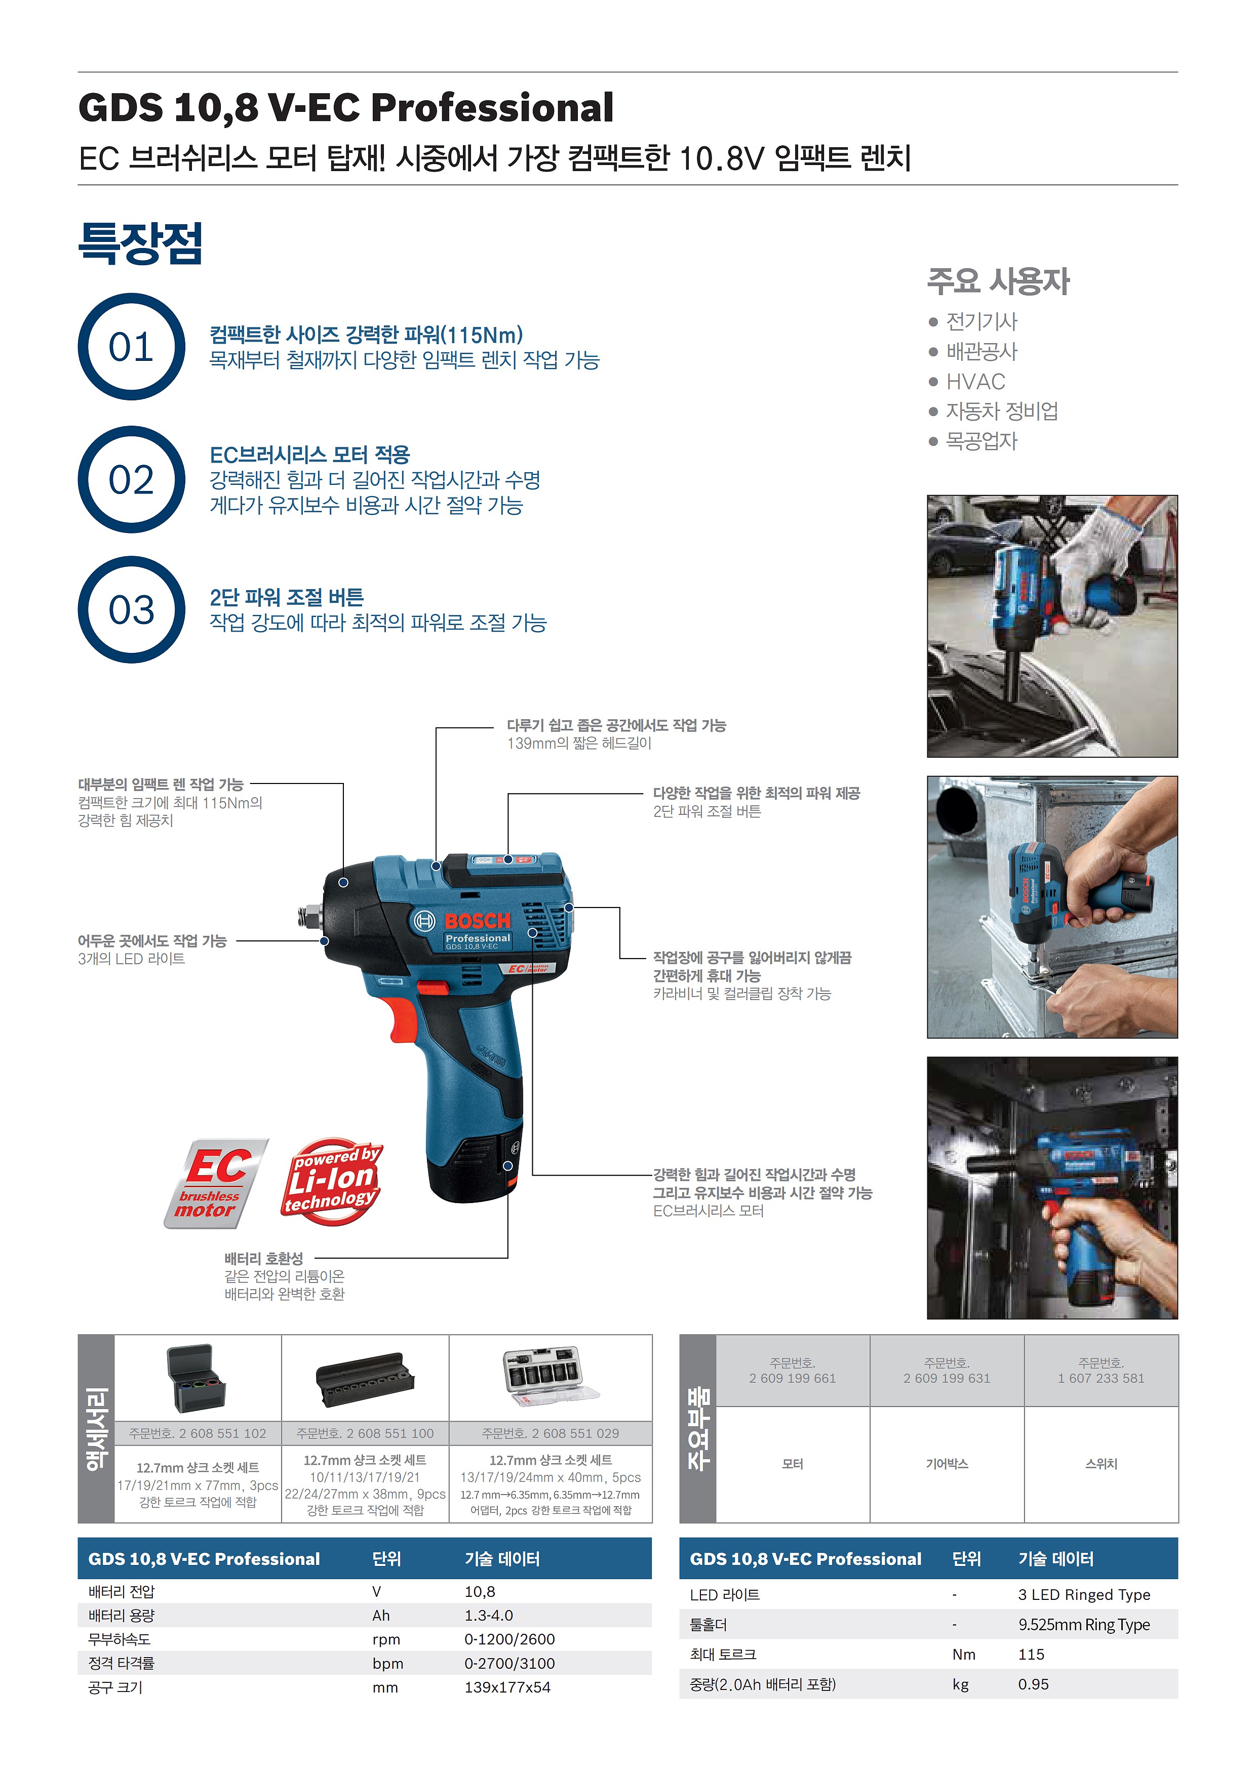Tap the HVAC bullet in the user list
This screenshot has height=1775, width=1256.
pyautogui.click(x=975, y=382)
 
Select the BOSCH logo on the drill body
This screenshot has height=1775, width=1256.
pyautogui.click(x=477, y=921)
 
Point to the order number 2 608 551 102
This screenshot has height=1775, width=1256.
pyautogui.click(x=198, y=1433)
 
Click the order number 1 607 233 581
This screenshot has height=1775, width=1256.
pyautogui.click(x=1102, y=1378)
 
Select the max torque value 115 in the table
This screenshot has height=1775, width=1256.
pyautogui.click(x=1031, y=1655)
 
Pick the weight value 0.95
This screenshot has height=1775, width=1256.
pyautogui.click(x=1033, y=1684)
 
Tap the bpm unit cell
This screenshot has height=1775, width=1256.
pyautogui.click(x=387, y=1664)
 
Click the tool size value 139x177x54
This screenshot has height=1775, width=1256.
pyautogui.click(x=507, y=1687)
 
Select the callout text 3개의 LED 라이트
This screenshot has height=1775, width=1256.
pyautogui.click(x=132, y=959)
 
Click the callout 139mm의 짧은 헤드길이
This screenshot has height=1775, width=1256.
pyautogui.click(x=579, y=743)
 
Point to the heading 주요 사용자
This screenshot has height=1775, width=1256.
pyautogui.click(x=998, y=281)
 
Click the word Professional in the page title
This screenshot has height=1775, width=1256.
pyautogui.click(x=493, y=107)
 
